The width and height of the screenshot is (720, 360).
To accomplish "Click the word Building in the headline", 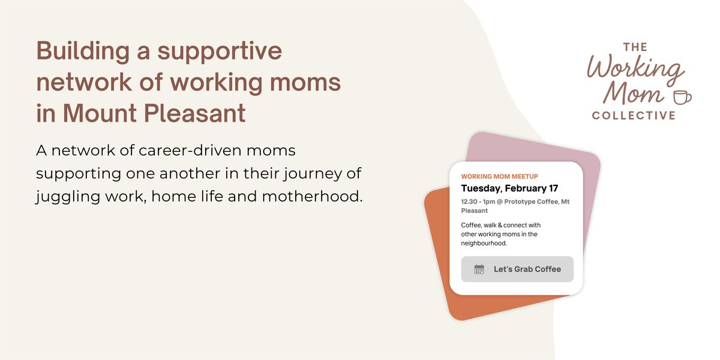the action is (x=83, y=52).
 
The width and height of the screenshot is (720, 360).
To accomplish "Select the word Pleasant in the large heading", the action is (x=194, y=113).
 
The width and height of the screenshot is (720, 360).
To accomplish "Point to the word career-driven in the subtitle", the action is (x=190, y=151).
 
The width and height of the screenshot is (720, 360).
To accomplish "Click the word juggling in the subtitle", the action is (x=68, y=197).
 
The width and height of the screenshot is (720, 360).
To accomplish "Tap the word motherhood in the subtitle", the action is (x=312, y=196).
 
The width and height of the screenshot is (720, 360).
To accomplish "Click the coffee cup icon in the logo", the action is (x=682, y=97).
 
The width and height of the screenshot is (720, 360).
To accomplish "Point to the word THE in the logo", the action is (x=635, y=47).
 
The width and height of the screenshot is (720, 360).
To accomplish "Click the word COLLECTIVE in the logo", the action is (x=634, y=115).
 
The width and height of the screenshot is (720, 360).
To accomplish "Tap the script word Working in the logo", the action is (x=635, y=70).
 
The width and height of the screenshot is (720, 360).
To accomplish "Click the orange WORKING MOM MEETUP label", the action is (x=499, y=176).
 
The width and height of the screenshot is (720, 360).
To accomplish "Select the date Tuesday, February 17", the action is (x=509, y=188).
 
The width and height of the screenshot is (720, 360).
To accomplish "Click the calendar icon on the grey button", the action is (x=479, y=269).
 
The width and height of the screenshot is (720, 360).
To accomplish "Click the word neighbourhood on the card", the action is (x=484, y=244).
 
